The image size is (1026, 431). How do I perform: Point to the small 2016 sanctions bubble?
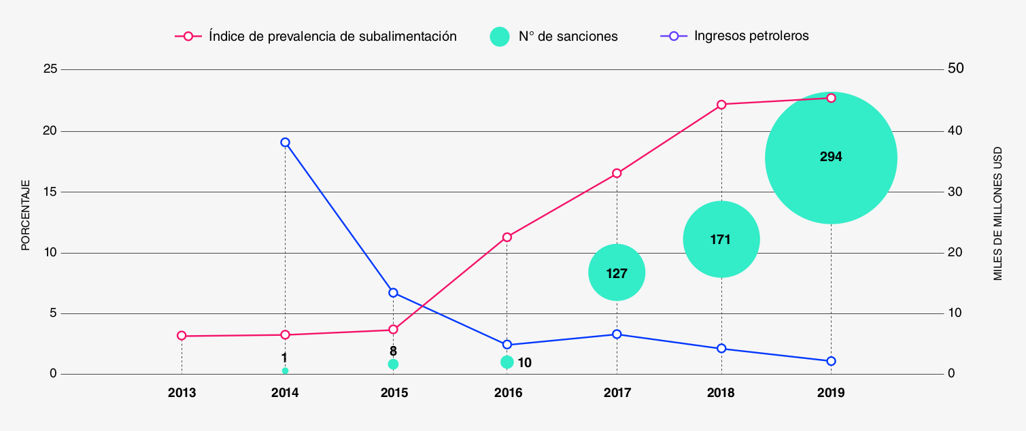(x=507, y=362)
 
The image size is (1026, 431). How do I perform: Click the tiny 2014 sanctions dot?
(x=285, y=370)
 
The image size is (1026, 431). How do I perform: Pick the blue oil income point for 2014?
(x=285, y=142)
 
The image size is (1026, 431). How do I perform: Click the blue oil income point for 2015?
(x=393, y=292)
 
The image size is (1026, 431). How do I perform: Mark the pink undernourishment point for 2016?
(x=507, y=237)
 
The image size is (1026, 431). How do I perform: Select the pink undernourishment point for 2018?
(x=721, y=105)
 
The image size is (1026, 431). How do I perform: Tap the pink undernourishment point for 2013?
(x=182, y=336)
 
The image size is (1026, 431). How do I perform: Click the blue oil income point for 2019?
(x=831, y=361)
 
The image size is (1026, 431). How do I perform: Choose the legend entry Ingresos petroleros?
(x=751, y=36)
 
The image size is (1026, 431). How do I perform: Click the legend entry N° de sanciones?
(x=568, y=37)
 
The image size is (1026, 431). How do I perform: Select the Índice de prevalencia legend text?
(x=332, y=36)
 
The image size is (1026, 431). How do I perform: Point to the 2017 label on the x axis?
(x=617, y=393)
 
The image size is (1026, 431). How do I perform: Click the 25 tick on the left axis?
(x=48, y=69)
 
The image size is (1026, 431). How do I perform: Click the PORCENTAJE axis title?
(x=26, y=215)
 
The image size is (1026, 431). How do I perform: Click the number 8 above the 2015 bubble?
(x=393, y=351)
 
